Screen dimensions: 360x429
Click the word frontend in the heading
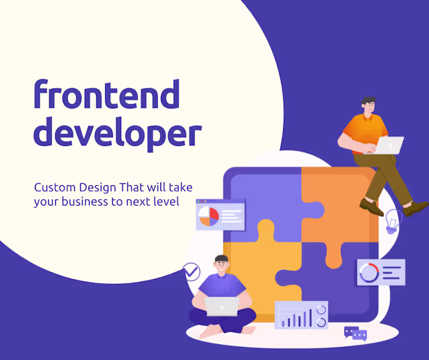point(106,95)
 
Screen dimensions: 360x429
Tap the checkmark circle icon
point(191,271)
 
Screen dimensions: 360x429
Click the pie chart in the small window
point(209,216)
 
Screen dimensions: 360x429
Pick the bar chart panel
point(301,315)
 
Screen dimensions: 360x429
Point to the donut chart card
point(381,273)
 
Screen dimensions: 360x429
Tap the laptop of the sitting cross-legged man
point(221,307)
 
